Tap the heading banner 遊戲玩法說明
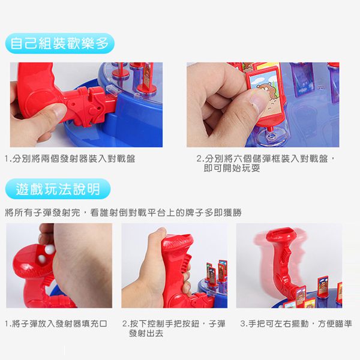coord(58,190)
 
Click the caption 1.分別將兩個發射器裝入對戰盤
coord(70,160)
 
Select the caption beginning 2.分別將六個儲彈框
coord(266,160)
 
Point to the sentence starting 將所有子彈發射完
coord(123,212)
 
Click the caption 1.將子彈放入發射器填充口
coord(56,324)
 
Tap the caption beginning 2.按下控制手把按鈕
coord(174,324)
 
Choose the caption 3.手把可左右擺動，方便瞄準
coord(296,324)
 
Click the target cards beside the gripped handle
coord(216,273)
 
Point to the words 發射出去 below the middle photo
coord(145,333)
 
